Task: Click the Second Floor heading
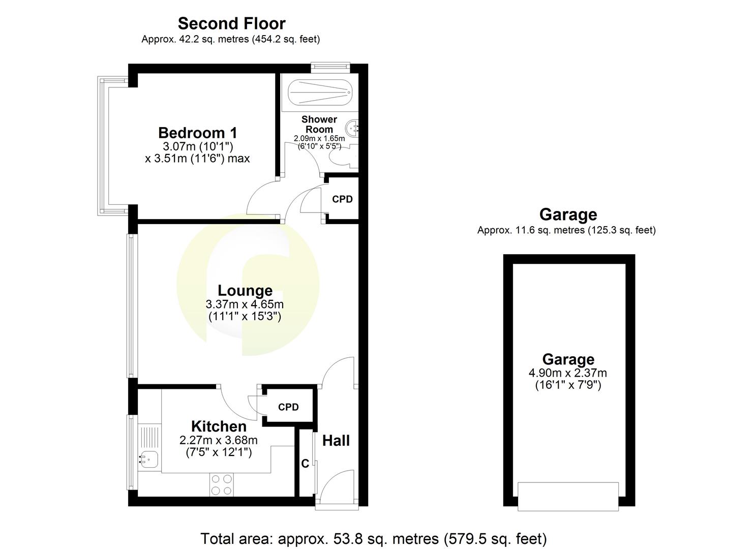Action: (x=231, y=23)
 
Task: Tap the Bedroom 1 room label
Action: (x=198, y=133)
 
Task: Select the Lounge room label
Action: (x=245, y=290)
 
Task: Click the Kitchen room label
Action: (x=219, y=426)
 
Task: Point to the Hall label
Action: (x=336, y=440)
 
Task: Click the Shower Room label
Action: (x=319, y=124)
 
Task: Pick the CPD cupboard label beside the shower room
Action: (x=342, y=199)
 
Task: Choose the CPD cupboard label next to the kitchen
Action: (x=288, y=407)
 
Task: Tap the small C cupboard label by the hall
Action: (x=305, y=464)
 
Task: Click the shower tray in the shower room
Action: (x=319, y=93)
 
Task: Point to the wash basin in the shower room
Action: (x=352, y=127)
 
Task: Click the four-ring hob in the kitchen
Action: (x=222, y=484)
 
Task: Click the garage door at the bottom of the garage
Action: (x=568, y=496)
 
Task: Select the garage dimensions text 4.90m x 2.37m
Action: (x=568, y=373)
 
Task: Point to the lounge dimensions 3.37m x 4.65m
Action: (x=245, y=304)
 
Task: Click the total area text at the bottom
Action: (x=374, y=538)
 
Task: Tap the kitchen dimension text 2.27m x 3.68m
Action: (x=219, y=440)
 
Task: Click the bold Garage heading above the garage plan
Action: (x=568, y=215)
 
